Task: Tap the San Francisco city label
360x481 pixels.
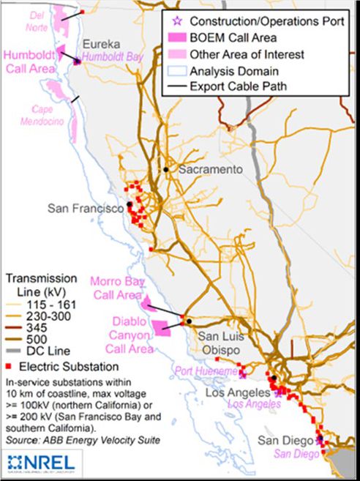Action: (x=86, y=209)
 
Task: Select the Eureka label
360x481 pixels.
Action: (x=99, y=45)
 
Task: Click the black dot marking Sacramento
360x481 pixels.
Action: (x=167, y=170)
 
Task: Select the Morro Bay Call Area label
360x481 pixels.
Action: (x=115, y=288)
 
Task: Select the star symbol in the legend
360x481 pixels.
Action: (x=172, y=21)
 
